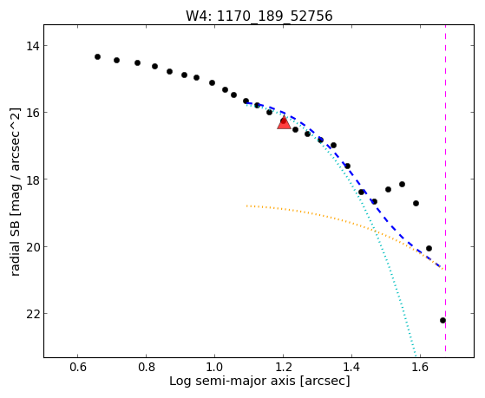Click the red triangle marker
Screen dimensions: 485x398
pyautogui.click(x=284, y=123)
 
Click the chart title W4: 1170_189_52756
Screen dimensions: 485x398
pyautogui.click(x=259, y=16)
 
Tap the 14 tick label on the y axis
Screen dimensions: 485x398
pyautogui.click(x=33, y=46)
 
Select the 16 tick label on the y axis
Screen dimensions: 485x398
pyautogui.click(x=33, y=112)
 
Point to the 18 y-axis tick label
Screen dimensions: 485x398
pyautogui.click(x=33, y=179)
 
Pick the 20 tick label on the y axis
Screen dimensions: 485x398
pyautogui.click(x=33, y=247)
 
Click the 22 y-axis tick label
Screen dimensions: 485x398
pyautogui.click(x=33, y=314)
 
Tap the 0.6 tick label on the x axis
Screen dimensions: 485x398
pyautogui.click(x=77, y=367)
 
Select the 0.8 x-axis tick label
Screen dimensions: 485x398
pyautogui.click(x=147, y=367)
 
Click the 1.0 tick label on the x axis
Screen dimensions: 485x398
pyautogui.click(x=214, y=367)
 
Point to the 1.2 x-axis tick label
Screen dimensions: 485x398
pyautogui.click(x=284, y=367)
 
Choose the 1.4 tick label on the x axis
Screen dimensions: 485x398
pyautogui.click(x=351, y=367)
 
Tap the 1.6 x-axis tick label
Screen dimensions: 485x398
pyautogui.click(x=420, y=367)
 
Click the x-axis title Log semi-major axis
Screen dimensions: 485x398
pyautogui.click(x=233, y=381)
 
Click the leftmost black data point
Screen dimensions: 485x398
pyautogui.click(x=97, y=56)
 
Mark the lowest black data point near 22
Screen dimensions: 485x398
pyautogui.click(x=443, y=320)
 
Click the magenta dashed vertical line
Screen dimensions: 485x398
pyautogui.click(x=445, y=188)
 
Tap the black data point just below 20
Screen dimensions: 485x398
pyautogui.click(x=429, y=248)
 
